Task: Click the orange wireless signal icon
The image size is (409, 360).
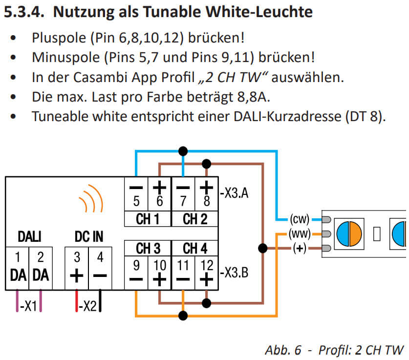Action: point(91,199)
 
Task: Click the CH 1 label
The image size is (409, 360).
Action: point(148,219)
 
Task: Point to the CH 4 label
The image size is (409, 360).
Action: point(195,249)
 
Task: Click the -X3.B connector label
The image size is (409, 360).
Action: point(234,273)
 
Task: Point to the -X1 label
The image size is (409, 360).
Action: point(29,307)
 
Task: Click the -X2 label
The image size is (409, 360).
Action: point(88,307)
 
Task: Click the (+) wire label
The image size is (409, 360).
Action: point(299,248)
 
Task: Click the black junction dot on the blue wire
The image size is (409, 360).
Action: point(183,150)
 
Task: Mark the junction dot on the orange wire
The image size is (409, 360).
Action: point(183,316)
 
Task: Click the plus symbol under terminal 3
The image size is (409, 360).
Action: point(76,275)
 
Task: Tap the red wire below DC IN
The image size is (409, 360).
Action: point(76,301)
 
